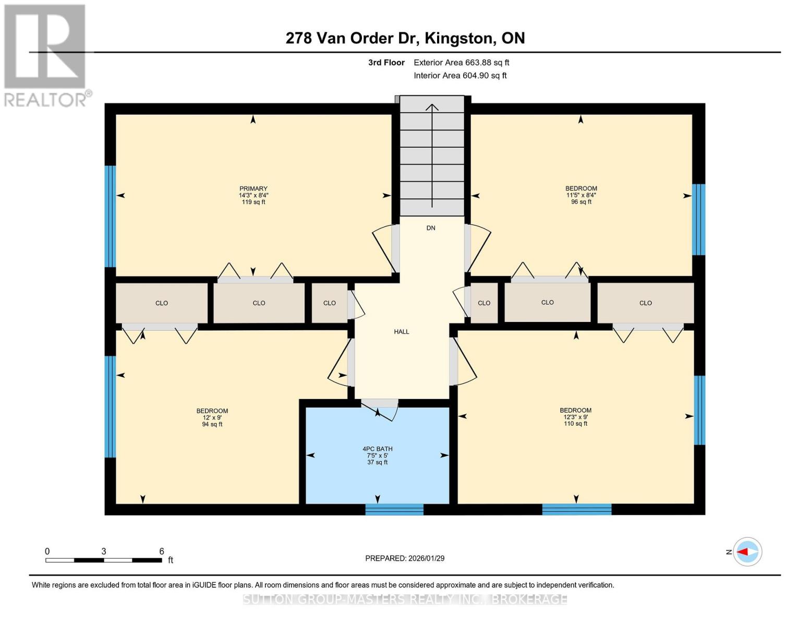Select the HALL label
click(x=401, y=332)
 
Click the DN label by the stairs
click(x=431, y=228)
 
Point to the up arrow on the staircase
click(x=432, y=156)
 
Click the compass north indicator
click(x=747, y=552)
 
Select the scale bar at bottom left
click(x=103, y=560)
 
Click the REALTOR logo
click(x=46, y=55)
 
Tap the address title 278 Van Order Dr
click(x=405, y=38)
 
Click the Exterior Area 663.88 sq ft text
click(x=461, y=63)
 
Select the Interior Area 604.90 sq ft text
click(x=460, y=76)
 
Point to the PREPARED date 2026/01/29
click(x=405, y=558)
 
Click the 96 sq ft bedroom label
click(x=581, y=195)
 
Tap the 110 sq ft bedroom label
click(x=575, y=417)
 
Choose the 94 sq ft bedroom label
click(x=212, y=417)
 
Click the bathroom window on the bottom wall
click(x=394, y=510)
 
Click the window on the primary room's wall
click(x=110, y=216)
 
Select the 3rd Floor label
click(x=386, y=63)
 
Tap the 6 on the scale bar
click(x=162, y=551)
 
